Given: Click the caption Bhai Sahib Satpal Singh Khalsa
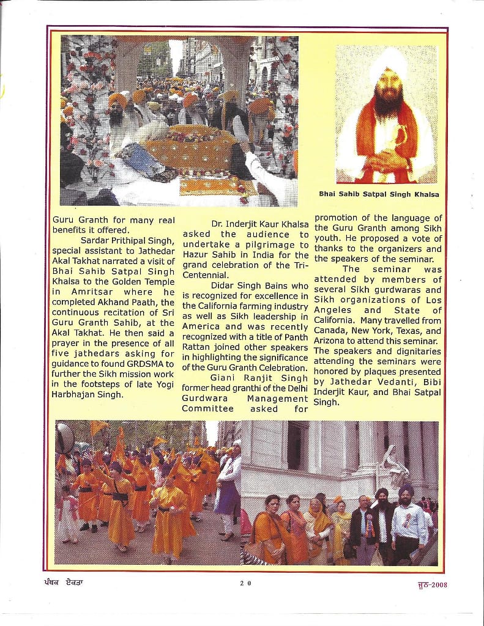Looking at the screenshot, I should [379, 194].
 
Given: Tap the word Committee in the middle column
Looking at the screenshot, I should [208, 408].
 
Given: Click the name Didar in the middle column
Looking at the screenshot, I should [224, 285].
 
